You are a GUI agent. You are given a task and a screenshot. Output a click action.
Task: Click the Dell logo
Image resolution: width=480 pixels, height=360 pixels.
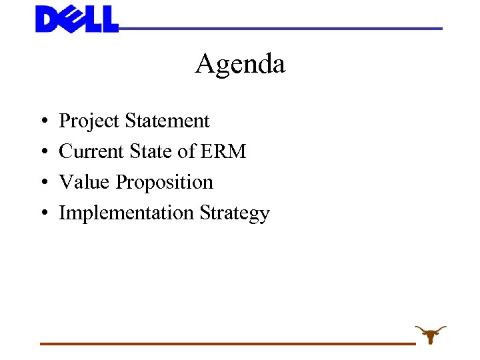click(x=77, y=19)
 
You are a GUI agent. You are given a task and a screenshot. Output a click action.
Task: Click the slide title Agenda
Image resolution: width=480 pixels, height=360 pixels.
click(x=240, y=64)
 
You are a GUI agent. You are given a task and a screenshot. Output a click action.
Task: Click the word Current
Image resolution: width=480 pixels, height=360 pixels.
click(x=91, y=151)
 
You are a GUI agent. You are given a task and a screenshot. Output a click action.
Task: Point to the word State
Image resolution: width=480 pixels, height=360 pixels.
click(x=152, y=151)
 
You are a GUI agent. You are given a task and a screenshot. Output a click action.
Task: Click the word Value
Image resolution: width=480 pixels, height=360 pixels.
click(x=85, y=182)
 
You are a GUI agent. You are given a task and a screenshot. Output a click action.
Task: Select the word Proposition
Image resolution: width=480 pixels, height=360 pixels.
click(x=165, y=183)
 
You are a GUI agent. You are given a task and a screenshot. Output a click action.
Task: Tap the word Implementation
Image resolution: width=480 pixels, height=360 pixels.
click(x=127, y=213)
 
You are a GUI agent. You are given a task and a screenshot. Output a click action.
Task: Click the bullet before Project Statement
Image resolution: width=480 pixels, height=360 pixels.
click(x=43, y=122)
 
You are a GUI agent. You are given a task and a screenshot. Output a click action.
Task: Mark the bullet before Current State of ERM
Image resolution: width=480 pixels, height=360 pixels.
click(x=43, y=153)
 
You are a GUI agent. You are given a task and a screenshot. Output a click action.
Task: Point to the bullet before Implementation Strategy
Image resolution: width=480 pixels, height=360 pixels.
click(x=43, y=214)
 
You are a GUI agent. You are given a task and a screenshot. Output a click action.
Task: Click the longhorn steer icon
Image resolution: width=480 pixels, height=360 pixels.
click(x=431, y=333)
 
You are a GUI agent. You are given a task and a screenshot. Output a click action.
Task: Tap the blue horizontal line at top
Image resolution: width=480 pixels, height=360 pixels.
click(x=280, y=29)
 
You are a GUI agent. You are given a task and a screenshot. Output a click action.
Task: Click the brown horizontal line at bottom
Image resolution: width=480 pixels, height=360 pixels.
click(x=227, y=343)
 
